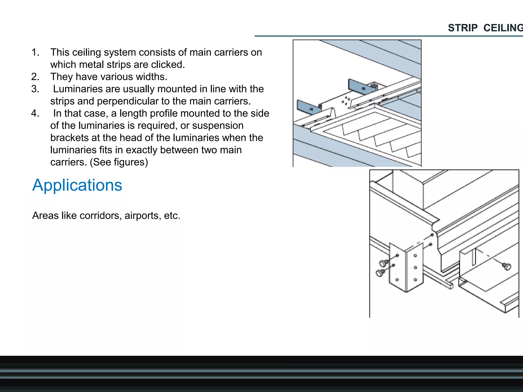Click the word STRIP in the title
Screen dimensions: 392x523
coord(462,28)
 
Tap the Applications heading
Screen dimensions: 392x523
coord(77,185)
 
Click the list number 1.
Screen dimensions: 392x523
coord(35,52)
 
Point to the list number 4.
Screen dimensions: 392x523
coord(35,113)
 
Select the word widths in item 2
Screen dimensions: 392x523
coord(151,77)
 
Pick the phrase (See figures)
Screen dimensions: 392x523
coord(119,162)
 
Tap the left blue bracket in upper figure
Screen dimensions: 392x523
coord(307,106)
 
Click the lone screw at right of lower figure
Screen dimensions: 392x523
coord(506,266)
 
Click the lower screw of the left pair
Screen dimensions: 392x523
coord(380,273)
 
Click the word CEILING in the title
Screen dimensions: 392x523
coord(503,28)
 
